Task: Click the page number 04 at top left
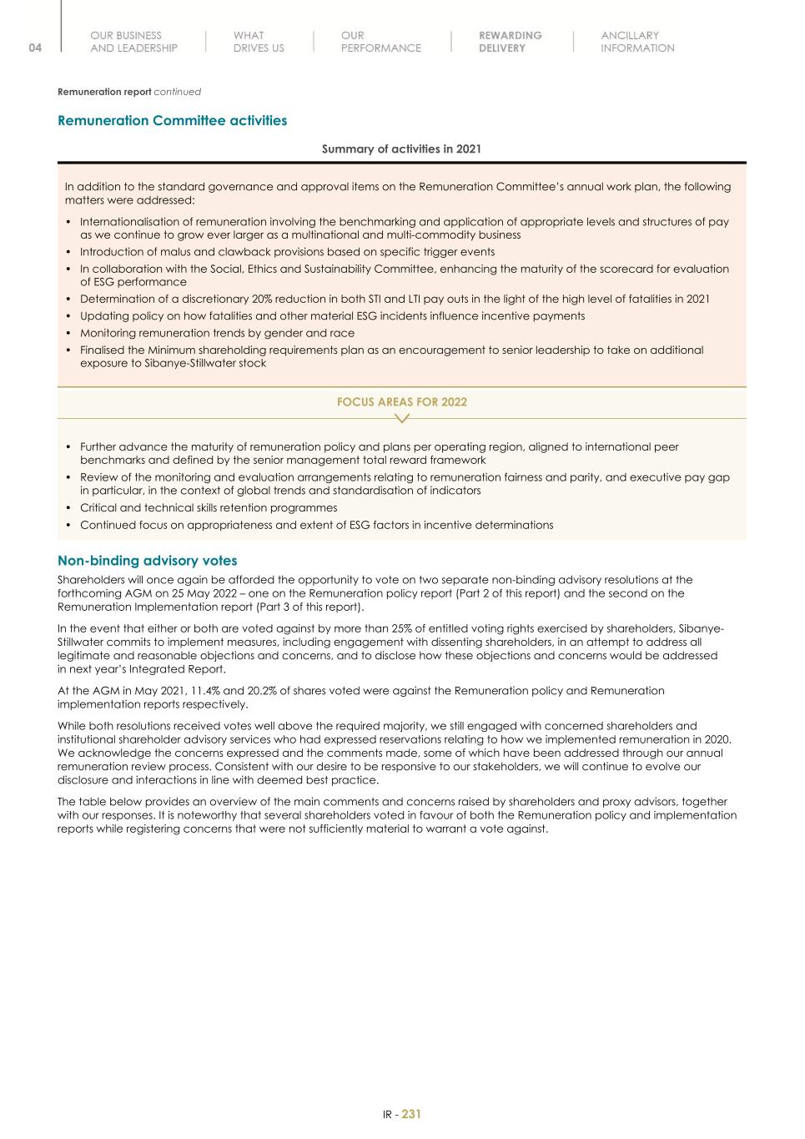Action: point(34,48)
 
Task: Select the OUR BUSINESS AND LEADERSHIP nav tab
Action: point(133,42)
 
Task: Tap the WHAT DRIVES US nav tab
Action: point(259,42)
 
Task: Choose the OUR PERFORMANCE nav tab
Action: point(380,42)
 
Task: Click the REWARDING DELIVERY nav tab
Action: point(510,42)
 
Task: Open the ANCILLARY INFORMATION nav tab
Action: point(637,42)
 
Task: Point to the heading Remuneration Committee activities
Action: point(172,120)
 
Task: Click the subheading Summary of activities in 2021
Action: point(401,149)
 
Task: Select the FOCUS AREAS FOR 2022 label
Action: point(401,401)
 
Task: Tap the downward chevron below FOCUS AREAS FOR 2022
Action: point(401,418)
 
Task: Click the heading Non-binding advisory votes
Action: point(147,560)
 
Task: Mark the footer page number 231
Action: point(411,1114)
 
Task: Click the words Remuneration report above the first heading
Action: point(104,92)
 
